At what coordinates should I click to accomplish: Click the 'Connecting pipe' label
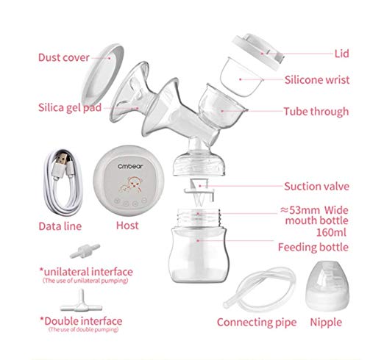(x=256, y=322)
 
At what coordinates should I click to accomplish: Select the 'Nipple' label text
(x=326, y=322)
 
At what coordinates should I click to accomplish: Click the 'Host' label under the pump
(x=127, y=226)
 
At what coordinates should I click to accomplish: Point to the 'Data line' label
(x=60, y=226)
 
